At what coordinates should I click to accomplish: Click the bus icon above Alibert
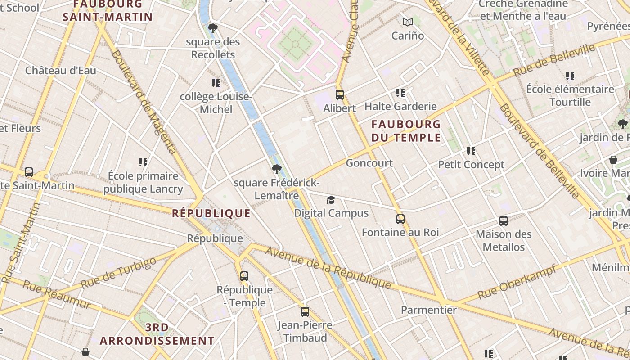point(340,95)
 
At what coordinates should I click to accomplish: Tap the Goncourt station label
point(369,163)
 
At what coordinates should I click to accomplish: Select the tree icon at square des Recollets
point(213,29)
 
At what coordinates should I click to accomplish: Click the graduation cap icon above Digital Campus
point(331,200)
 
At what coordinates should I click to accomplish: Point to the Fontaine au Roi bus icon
point(400,219)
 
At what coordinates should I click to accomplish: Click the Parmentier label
point(428,310)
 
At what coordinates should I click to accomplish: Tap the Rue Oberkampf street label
point(517,282)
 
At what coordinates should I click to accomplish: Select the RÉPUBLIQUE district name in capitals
point(211,213)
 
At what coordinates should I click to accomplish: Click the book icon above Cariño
point(408,22)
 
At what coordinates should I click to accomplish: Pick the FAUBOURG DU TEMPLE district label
point(406,130)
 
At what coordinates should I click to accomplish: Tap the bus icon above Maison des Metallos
point(504,221)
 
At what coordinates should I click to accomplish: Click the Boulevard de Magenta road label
point(144,102)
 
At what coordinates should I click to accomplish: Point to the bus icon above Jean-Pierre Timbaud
point(305,312)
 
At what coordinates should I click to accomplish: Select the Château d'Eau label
point(60,71)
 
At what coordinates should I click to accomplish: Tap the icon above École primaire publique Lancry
point(143,162)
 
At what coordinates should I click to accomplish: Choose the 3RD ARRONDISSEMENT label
point(157,334)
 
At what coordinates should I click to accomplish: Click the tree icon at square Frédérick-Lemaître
point(277,169)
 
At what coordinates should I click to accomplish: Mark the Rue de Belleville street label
point(554,60)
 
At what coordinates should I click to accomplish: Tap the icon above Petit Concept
point(471,151)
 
